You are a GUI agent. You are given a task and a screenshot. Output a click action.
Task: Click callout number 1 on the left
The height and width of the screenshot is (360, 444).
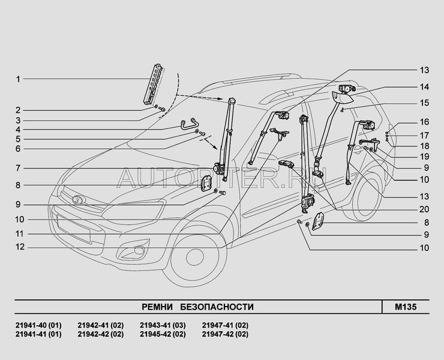point(18,79)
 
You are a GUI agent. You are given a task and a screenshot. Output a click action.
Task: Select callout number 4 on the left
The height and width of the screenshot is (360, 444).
point(18,129)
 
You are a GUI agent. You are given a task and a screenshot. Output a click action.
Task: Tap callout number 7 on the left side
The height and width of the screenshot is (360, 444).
point(18,167)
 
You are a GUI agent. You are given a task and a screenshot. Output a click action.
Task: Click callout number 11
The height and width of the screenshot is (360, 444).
point(19,233)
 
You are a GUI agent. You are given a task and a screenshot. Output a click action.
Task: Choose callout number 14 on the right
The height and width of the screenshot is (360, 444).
point(424,86)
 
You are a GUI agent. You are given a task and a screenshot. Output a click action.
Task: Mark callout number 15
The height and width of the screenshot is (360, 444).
point(424,103)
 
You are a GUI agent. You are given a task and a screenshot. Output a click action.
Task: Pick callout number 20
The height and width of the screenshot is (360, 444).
point(424,209)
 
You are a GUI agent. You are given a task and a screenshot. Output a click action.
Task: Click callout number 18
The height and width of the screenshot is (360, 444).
point(424,146)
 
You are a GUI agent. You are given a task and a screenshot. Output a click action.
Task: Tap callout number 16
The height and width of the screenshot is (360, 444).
point(424,122)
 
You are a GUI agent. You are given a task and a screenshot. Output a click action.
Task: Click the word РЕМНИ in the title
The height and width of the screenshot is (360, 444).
point(157,307)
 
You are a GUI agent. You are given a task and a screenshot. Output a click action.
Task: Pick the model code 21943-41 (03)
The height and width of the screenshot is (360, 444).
point(163,325)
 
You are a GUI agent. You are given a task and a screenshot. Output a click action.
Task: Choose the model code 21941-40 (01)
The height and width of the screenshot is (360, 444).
point(38,325)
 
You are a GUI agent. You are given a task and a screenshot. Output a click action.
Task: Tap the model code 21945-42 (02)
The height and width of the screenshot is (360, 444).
point(163,334)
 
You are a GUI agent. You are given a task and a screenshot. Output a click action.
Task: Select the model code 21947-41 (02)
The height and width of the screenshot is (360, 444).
point(225,325)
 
